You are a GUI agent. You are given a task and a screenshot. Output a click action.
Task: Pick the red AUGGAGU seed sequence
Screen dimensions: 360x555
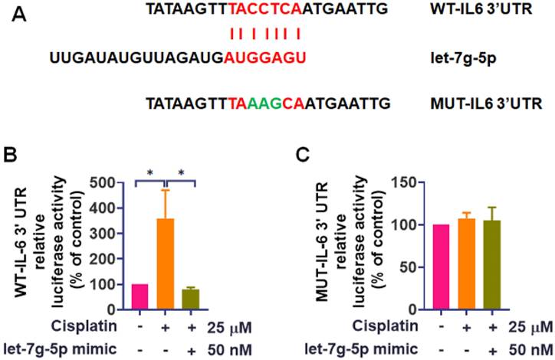(265, 57)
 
